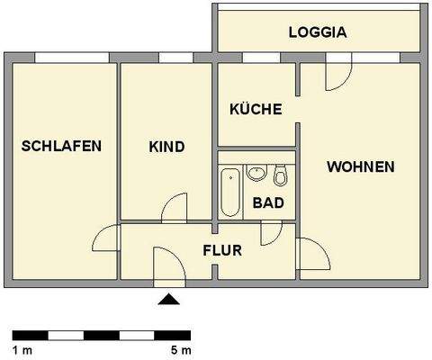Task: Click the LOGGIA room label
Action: point(318,33)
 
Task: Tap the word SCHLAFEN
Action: point(61,146)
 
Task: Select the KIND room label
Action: point(166,147)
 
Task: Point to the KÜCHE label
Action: point(256,110)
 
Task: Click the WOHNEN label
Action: point(360,166)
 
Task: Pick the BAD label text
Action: point(269,203)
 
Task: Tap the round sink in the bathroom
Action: point(257,172)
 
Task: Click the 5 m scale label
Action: point(182,348)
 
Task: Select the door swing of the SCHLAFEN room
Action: point(107,239)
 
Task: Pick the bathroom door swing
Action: point(270,232)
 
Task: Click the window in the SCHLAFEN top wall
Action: point(61,58)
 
